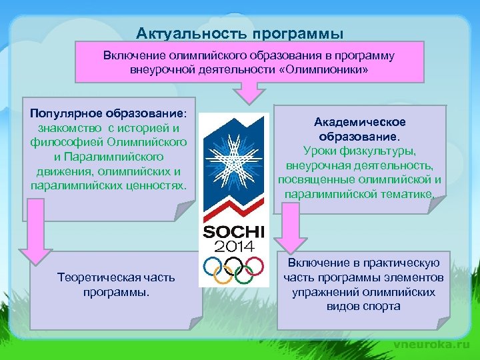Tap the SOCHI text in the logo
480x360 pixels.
(x=234, y=232)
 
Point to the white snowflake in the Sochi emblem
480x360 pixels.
(x=233, y=157)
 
